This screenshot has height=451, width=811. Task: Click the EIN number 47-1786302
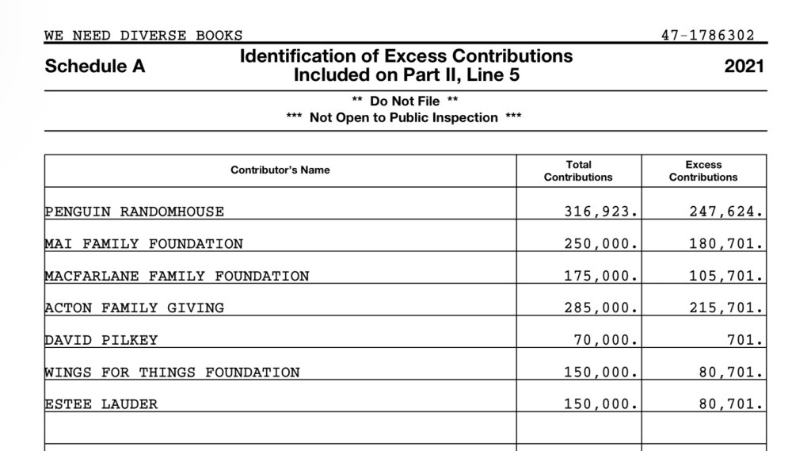tap(707, 36)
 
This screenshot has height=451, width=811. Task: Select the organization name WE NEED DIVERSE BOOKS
tap(143, 36)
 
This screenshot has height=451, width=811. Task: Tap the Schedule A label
tap(95, 67)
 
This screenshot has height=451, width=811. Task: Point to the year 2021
tap(744, 67)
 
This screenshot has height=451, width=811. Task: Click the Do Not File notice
tap(404, 101)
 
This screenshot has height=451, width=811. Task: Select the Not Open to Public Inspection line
tap(404, 118)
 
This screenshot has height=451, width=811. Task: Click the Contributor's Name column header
tap(280, 170)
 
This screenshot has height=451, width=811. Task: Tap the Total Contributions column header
tap(578, 171)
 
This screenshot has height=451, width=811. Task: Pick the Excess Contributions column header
tap(703, 171)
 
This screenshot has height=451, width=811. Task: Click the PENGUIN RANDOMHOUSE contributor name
tap(135, 212)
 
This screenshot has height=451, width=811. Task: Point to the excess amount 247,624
tap(726, 212)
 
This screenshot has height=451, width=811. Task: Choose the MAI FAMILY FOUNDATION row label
tap(144, 244)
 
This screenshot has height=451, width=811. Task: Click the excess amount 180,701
tap(726, 244)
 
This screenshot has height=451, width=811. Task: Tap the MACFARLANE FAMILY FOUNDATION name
tap(177, 277)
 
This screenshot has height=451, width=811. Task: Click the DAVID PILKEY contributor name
tap(101, 340)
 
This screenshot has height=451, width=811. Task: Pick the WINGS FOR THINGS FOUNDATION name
tap(173, 373)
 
